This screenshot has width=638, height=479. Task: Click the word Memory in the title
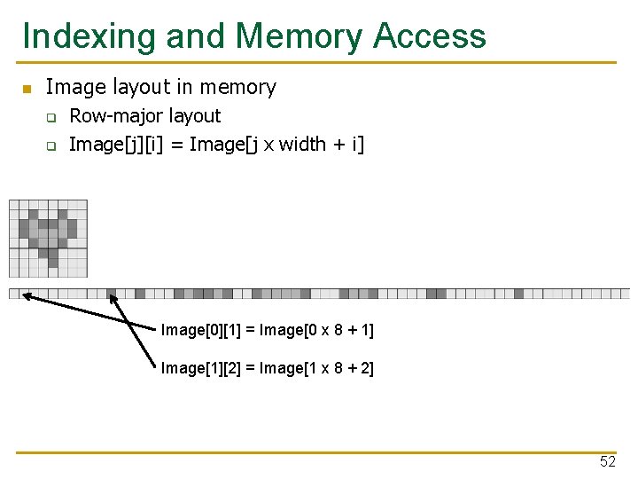pos(299,36)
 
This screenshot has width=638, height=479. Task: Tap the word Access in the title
pos(430,36)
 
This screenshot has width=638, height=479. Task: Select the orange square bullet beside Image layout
pos(27,89)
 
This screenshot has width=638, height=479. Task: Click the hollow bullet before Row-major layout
pos(51,117)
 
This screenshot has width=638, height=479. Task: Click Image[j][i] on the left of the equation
pos(108,144)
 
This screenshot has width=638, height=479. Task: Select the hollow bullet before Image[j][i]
pos(51,145)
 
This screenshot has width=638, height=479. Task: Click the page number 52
pos(607,461)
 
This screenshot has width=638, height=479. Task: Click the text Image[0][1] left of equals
pos(200,331)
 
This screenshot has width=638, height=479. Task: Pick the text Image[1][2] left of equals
pos(200,368)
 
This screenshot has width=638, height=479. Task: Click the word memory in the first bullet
pos(238,87)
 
